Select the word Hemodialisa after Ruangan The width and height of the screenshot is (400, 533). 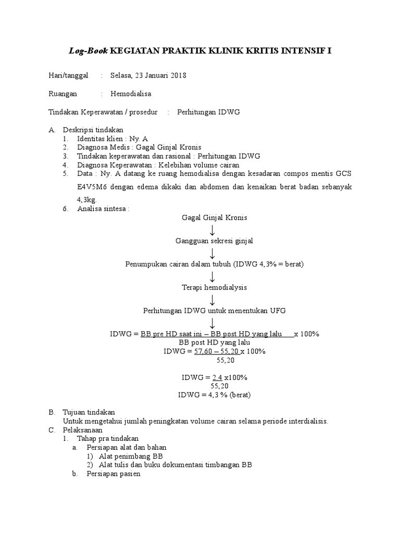(131, 94)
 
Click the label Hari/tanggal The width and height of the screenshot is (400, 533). (68, 76)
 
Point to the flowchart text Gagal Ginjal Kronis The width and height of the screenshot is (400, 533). (214, 218)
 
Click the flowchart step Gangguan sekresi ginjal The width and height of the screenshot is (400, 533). (214, 241)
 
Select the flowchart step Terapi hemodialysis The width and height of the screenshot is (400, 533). (214, 287)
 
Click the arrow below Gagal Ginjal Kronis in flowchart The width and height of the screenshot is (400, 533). (213, 229)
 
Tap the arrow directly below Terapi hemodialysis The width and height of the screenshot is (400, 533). (213, 299)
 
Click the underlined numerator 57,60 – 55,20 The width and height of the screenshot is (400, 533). (216, 351)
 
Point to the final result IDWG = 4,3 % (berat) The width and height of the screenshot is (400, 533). (214, 395)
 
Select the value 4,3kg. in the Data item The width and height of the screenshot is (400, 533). (87, 199)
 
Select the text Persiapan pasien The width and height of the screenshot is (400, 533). (114, 475)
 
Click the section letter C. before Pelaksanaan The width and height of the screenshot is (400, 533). (52, 430)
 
